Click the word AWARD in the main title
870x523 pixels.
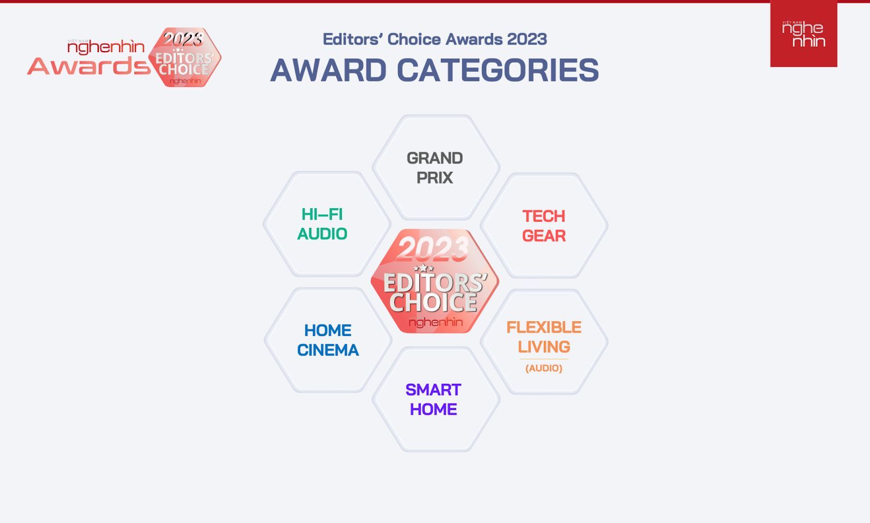click(328, 70)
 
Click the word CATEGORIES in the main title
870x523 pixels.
click(498, 70)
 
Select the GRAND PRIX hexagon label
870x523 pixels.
click(434, 168)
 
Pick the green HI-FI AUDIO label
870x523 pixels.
click(322, 224)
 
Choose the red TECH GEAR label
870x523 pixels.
click(544, 226)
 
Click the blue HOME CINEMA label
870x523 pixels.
click(328, 340)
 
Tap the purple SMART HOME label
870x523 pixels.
click(433, 400)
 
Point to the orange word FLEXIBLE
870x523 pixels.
click(544, 327)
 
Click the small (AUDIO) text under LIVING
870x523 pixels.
click(544, 368)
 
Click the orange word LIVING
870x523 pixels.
click(544, 347)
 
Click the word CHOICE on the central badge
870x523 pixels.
click(433, 302)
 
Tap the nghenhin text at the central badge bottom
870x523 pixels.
click(436, 322)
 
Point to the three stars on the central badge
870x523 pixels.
click(424, 268)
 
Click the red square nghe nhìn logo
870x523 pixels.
click(804, 34)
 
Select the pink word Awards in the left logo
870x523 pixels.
click(89, 66)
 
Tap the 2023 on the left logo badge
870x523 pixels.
click(183, 39)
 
